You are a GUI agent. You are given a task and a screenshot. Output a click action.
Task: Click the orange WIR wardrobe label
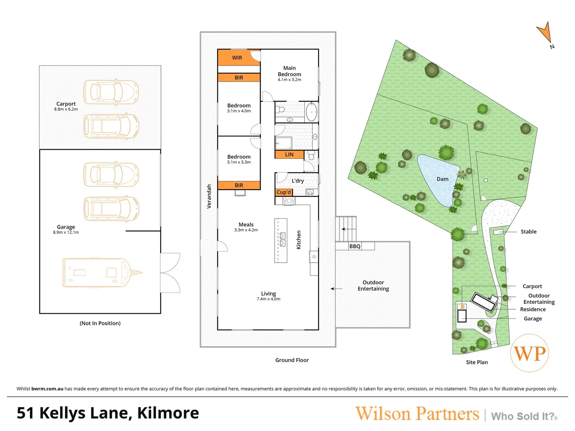[237, 58]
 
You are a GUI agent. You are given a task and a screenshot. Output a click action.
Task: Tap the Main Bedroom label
[289, 71]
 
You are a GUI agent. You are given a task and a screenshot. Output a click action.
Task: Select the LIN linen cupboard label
[289, 154]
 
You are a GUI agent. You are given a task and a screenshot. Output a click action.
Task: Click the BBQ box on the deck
[355, 246]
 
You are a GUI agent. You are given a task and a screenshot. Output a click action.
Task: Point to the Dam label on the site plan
[442, 179]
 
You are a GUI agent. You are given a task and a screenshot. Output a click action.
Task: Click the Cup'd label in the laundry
[284, 192]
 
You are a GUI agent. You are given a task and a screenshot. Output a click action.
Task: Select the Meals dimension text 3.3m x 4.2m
[246, 230]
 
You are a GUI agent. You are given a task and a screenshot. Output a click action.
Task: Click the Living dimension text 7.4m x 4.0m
[268, 299]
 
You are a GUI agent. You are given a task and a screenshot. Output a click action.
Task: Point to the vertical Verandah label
[209, 196]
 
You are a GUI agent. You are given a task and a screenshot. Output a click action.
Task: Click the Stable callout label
[528, 231]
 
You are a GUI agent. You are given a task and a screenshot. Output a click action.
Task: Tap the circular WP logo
[529, 353]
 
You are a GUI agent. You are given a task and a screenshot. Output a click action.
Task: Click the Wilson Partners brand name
[417, 414]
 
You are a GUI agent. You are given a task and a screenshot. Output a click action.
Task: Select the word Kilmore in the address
[168, 413]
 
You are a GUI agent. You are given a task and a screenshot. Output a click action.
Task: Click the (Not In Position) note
[100, 323]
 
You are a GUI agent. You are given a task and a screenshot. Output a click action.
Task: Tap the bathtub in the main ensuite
[311, 112]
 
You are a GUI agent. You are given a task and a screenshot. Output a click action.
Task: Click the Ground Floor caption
[292, 360]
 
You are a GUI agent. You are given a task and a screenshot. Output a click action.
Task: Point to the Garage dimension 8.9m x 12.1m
[66, 232]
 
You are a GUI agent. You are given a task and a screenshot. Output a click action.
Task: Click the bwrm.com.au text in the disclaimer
[47, 389]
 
